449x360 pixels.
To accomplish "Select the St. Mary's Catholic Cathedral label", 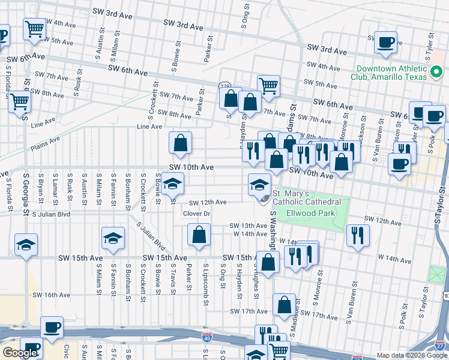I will [307, 197].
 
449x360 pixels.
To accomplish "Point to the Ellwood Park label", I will [311, 213].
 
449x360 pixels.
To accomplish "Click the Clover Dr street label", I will [196, 214].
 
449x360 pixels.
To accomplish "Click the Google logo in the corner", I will [20, 353].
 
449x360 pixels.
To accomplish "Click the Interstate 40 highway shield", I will [206, 340].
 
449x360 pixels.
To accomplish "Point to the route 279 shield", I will [224, 86].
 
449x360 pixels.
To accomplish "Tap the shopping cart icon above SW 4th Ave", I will [35, 28].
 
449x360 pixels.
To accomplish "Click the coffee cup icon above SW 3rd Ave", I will [385, 42].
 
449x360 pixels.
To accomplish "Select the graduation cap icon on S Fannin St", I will [113, 238].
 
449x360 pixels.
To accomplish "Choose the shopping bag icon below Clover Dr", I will [199, 235].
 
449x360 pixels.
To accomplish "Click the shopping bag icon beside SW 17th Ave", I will [284, 305].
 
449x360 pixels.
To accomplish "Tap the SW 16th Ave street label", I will [52, 295].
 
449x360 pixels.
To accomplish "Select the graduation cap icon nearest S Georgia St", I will [26, 245].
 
